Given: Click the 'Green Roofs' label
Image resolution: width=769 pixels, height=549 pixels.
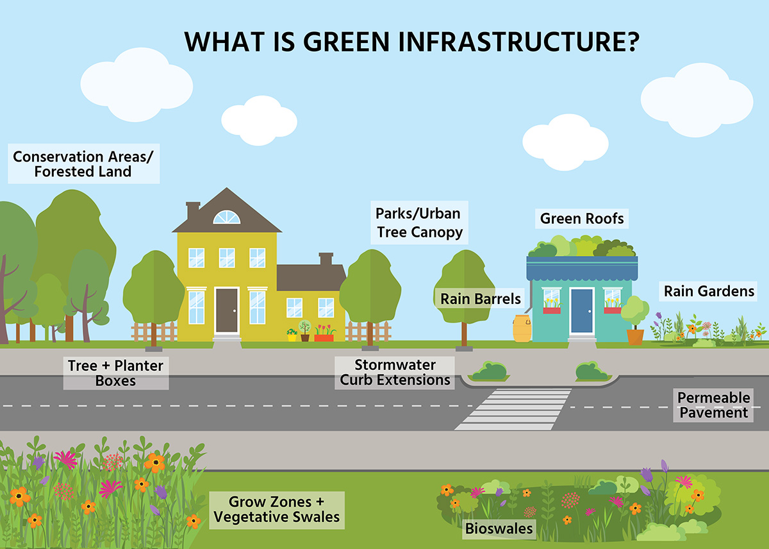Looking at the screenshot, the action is pos(582,219).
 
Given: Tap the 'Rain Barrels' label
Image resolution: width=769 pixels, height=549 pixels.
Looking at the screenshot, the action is pos(480,298).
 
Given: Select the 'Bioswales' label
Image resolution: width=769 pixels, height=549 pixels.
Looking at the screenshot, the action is pos(499,528).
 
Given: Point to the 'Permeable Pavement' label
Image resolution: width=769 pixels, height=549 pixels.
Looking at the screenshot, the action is pos(713,405).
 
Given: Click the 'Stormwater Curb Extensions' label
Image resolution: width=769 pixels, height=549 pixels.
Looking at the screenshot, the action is pos(395,373).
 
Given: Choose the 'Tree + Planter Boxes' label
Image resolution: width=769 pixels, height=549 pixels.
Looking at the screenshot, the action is pos(116,373).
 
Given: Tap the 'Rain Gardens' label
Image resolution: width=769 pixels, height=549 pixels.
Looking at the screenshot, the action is pos(709,291).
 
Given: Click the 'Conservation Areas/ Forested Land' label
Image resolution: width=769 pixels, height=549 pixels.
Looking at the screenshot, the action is pos(83,164).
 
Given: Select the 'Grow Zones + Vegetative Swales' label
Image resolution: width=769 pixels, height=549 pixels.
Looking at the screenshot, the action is pos(277,510).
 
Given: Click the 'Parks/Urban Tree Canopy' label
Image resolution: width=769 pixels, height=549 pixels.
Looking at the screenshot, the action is pos(419,223).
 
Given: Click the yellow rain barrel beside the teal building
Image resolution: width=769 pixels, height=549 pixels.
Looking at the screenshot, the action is pos(522,328).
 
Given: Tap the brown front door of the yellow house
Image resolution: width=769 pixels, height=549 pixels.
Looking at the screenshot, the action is pos(227,310).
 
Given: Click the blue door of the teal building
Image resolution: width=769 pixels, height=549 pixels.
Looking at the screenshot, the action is pos(582,310).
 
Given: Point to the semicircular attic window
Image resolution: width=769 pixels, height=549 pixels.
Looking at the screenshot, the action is pos(227,217).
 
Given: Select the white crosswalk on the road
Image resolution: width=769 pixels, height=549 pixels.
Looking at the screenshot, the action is pos(513,409).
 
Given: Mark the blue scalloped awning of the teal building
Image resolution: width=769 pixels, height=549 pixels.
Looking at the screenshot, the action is pos(583,268).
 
